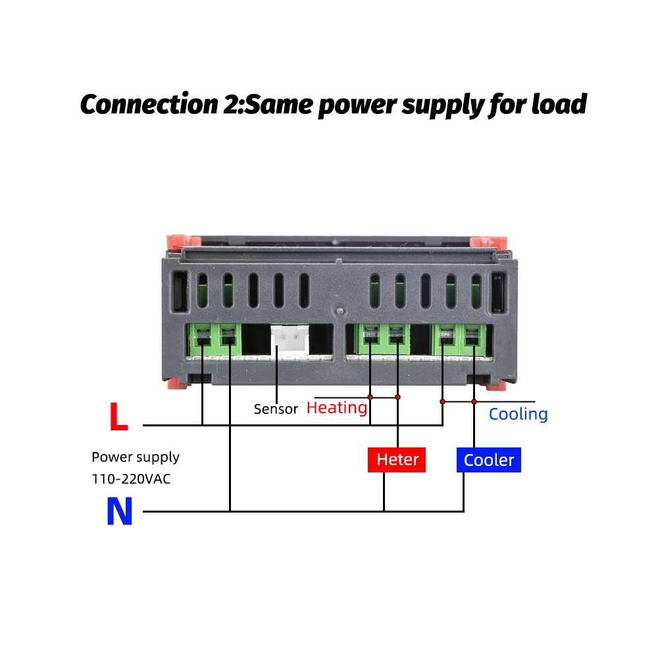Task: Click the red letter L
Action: click(x=118, y=417)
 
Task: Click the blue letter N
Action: click(x=120, y=511)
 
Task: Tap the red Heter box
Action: click(x=397, y=460)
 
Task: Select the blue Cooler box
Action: click(x=489, y=460)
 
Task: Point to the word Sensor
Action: click(x=276, y=409)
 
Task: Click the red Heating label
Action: click(x=337, y=408)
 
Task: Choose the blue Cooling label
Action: click(x=519, y=415)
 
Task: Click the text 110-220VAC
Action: click(x=132, y=479)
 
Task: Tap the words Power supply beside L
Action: click(x=136, y=457)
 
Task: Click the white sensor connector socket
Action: click(x=290, y=340)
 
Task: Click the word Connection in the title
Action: click(x=149, y=104)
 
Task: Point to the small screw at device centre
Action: click(x=340, y=311)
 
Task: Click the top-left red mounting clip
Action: click(x=184, y=241)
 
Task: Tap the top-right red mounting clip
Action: click(x=489, y=242)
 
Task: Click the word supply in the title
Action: click(x=443, y=106)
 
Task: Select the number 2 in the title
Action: click(x=231, y=104)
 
